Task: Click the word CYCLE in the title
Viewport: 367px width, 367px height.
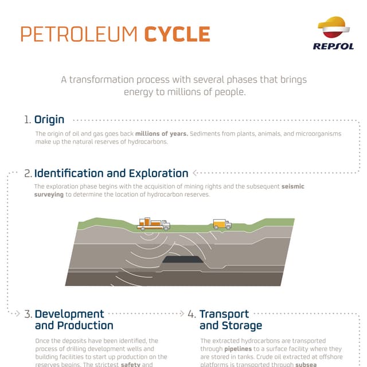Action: pyautogui.click(x=177, y=34)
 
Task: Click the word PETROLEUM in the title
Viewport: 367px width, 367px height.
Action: pyautogui.click(x=79, y=34)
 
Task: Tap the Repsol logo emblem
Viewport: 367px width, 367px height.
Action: pyautogui.click(x=333, y=28)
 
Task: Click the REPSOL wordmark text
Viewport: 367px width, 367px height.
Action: pyautogui.click(x=333, y=46)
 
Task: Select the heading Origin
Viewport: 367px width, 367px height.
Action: pyautogui.click(x=49, y=120)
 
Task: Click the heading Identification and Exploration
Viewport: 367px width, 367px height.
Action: pyautogui.click(x=111, y=173)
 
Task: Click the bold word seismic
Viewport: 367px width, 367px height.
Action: pyautogui.click(x=293, y=187)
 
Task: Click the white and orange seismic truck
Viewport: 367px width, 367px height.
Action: pyautogui.click(x=153, y=224)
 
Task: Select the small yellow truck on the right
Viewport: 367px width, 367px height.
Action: pyautogui.click(x=222, y=224)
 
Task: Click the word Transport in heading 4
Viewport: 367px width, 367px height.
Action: pyautogui.click(x=224, y=314)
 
